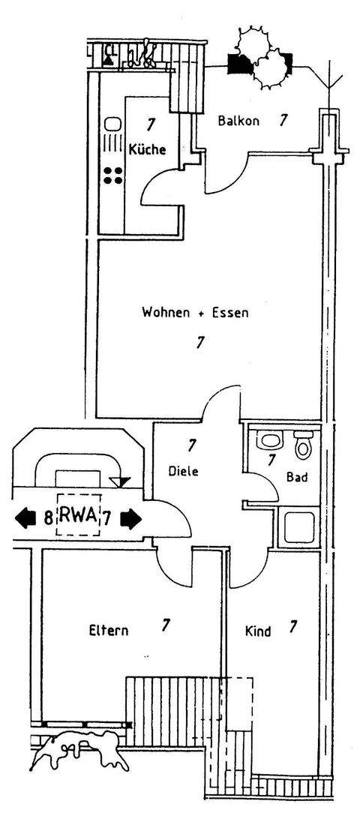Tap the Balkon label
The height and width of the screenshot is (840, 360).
click(x=238, y=121)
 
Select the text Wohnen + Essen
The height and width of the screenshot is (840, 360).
click(x=195, y=312)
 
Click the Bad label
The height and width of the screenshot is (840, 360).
click(x=297, y=477)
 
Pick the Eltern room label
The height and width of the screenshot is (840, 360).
click(x=106, y=631)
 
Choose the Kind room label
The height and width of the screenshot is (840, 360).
click(x=258, y=631)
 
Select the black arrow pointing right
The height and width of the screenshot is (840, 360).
click(x=131, y=517)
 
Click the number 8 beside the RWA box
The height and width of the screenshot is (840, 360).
click(x=48, y=517)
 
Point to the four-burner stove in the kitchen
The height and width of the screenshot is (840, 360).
click(x=113, y=175)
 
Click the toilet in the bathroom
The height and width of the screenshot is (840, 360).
click(x=303, y=445)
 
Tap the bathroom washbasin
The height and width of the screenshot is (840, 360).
click(x=267, y=442)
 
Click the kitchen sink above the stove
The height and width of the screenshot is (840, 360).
click(x=112, y=124)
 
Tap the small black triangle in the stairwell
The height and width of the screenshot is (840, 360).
click(x=119, y=481)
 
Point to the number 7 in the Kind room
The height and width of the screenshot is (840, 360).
click(x=293, y=626)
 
